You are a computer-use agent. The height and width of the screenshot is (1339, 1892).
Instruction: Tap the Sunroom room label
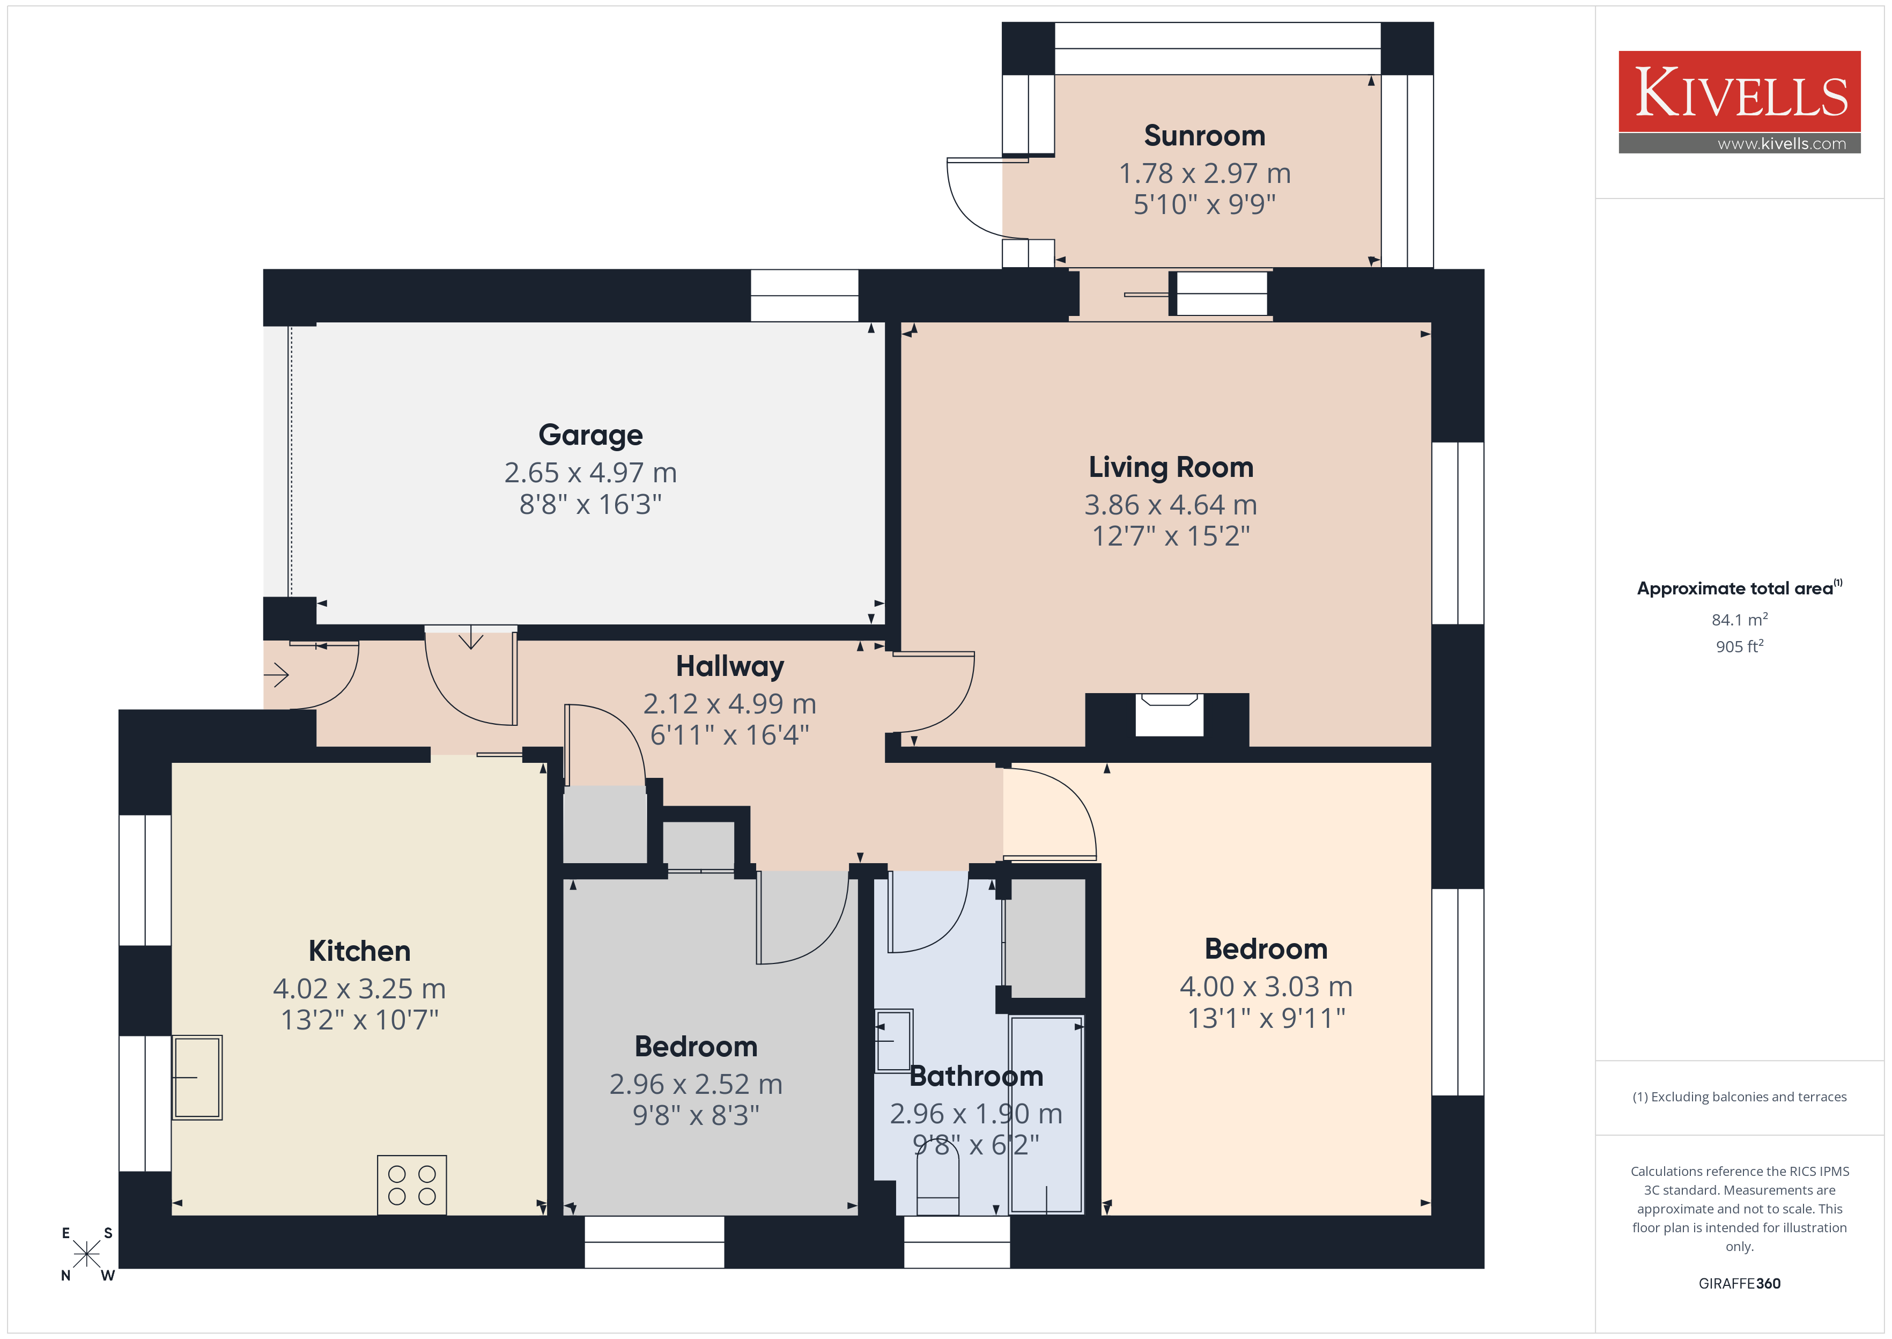tap(1204, 135)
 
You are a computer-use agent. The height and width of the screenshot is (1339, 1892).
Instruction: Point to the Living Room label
tap(1170, 467)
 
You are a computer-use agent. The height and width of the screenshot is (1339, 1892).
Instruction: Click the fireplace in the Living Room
tap(1169, 714)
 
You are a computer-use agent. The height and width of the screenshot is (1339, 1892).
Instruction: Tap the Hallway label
tap(729, 666)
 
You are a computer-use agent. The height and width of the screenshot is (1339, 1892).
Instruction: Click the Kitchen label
tap(359, 951)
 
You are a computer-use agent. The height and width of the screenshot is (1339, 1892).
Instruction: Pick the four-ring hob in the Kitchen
tap(412, 1185)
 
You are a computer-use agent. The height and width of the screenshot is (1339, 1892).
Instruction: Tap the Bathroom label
tap(977, 1076)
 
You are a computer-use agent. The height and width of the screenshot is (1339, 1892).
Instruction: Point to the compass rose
tap(86, 1254)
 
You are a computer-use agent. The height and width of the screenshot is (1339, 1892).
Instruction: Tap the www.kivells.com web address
tap(1782, 143)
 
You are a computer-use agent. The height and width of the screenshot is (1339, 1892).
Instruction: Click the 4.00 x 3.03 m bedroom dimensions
tap(1266, 986)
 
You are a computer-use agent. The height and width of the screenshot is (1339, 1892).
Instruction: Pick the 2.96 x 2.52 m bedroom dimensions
tap(696, 1084)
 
